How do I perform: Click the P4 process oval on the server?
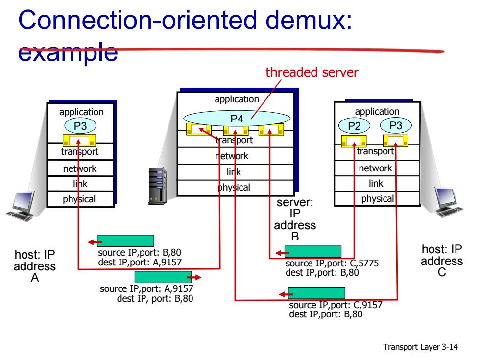(237, 119)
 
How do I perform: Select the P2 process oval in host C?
(354, 125)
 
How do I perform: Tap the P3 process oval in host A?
(80, 126)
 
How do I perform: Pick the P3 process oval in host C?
(396, 125)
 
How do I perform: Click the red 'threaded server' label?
(312, 72)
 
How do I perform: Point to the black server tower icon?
(157, 186)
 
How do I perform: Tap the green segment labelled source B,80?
(125, 240)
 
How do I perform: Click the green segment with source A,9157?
(163, 277)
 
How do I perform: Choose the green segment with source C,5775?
(313, 252)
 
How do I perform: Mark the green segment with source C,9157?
(316, 293)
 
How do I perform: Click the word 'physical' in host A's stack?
(79, 199)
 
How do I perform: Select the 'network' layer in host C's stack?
(375, 168)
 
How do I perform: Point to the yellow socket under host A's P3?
(79, 141)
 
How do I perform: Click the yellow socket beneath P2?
(354, 141)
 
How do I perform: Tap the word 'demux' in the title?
(309, 20)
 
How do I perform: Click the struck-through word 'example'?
(68, 52)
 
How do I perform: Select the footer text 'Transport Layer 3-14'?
(420, 347)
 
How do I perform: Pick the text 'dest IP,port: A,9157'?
(140, 263)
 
